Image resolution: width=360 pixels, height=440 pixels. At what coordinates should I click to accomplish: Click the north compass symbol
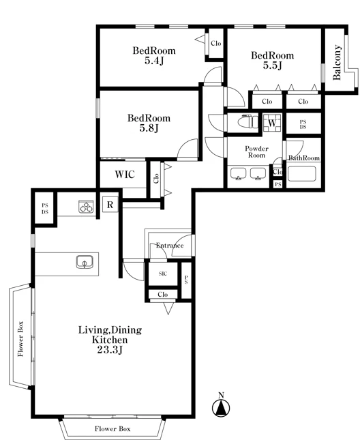[x=221, y=405]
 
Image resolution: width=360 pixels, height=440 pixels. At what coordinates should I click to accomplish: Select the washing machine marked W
[x=272, y=123]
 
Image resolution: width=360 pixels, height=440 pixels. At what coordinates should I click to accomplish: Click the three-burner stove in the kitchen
[x=86, y=207]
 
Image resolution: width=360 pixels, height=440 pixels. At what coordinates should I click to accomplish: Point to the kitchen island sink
[x=85, y=262]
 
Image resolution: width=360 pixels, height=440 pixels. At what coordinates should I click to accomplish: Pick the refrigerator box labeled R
[x=110, y=205]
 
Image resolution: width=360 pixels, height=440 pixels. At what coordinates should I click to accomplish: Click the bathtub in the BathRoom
[x=301, y=174]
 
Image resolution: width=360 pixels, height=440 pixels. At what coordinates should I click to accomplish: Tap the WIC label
[x=125, y=174]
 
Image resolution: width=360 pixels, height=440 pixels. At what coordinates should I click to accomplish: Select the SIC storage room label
[x=163, y=274]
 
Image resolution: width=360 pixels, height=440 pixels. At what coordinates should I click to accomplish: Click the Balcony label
[x=337, y=62]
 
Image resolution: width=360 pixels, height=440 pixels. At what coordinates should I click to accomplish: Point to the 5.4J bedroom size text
[x=154, y=61]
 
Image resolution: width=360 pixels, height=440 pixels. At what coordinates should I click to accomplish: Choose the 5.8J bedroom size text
[x=149, y=128]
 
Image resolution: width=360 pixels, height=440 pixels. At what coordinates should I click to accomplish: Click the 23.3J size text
[x=110, y=350]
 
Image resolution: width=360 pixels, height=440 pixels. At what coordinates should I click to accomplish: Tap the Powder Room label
[x=256, y=152]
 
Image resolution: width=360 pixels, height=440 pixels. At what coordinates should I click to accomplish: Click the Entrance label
[x=170, y=246]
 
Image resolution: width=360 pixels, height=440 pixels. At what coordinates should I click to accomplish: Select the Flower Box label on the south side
[x=112, y=429]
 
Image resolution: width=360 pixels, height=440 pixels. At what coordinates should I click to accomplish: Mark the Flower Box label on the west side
[x=20, y=339]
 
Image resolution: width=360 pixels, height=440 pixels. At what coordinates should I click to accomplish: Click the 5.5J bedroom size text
[x=272, y=65]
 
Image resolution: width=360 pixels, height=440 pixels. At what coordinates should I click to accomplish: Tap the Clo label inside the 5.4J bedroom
[x=216, y=43]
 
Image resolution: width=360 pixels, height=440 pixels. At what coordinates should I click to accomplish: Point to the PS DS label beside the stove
[x=45, y=209]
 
